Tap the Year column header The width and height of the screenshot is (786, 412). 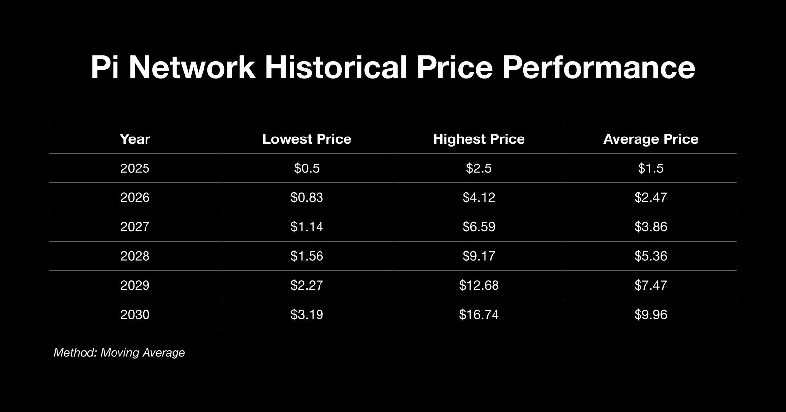click(x=135, y=139)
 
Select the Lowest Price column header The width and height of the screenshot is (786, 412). click(x=307, y=139)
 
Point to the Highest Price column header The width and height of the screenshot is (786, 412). click(x=479, y=139)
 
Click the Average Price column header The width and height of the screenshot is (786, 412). click(x=650, y=139)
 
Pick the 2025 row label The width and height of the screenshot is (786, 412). click(x=135, y=168)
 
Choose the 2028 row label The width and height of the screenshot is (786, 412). click(x=135, y=256)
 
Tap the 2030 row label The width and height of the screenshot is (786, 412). click(x=135, y=314)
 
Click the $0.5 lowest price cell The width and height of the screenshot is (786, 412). click(x=307, y=168)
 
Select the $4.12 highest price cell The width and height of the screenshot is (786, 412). click(x=479, y=197)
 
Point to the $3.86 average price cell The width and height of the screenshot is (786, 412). click(x=650, y=227)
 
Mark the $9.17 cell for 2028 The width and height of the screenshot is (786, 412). click(x=479, y=256)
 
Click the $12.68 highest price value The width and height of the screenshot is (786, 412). click(x=479, y=285)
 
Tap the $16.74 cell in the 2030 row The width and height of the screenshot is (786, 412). click(x=479, y=314)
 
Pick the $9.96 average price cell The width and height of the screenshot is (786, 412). click(x=650, y=314)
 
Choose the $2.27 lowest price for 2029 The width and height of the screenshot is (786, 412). click(x=307, y=285)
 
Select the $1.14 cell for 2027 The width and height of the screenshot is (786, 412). click(x=307, y=227)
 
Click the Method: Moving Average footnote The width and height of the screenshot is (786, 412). click(x=119, y=353)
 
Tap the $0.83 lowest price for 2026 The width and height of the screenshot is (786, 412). click(x=307, y=197)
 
